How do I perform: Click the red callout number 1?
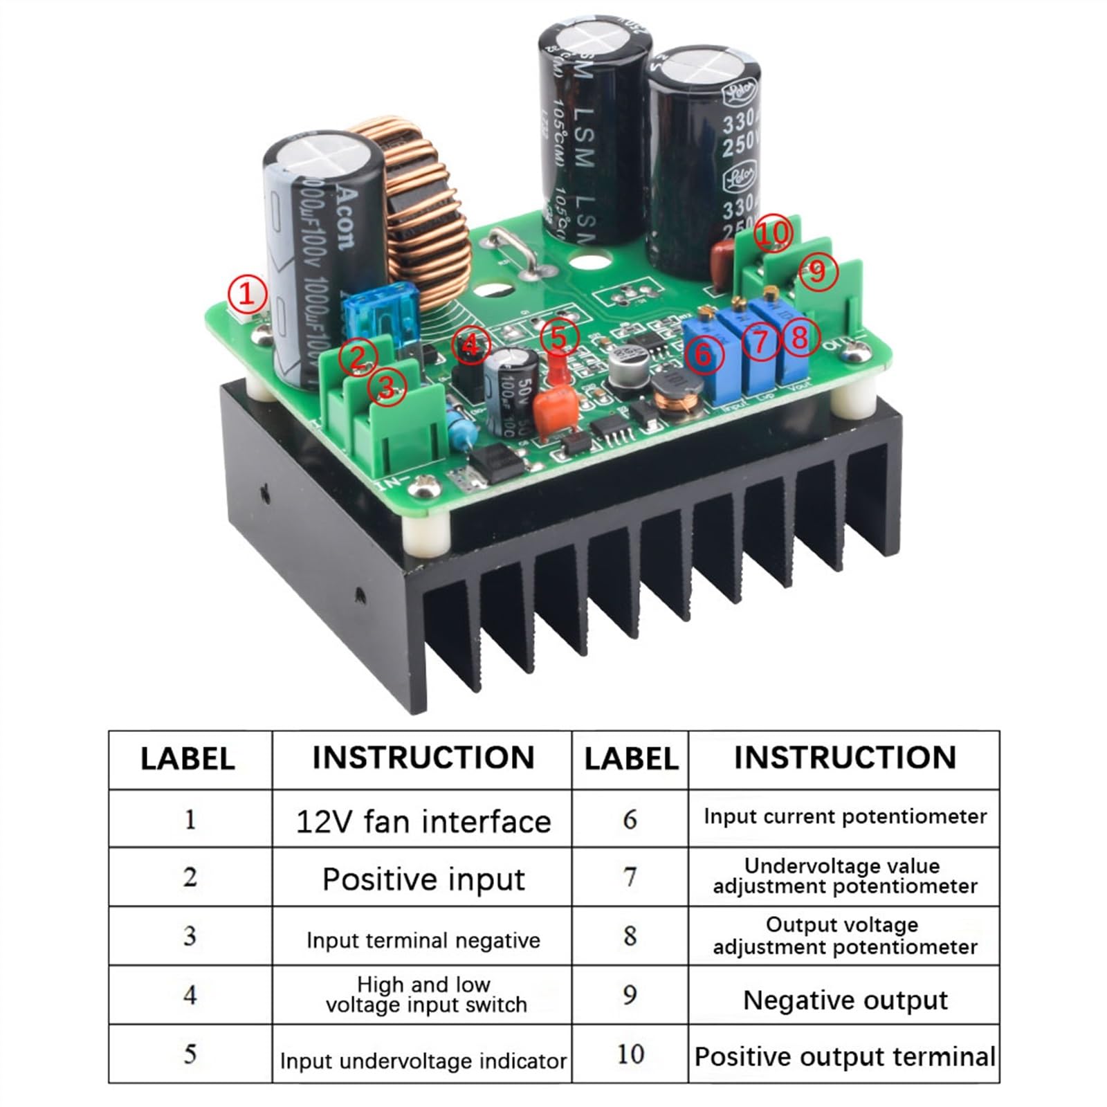point(246,294)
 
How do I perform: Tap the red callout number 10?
point(771,233)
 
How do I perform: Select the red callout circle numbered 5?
point(559,337)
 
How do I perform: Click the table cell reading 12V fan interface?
point(423,821)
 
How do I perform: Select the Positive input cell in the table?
point(423,879)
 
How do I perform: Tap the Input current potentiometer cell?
point(845,817)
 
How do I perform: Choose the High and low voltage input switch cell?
point(423,994)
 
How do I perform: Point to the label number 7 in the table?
point(630,877)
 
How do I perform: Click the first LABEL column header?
point(188,758)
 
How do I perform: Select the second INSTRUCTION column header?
point(845,757)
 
